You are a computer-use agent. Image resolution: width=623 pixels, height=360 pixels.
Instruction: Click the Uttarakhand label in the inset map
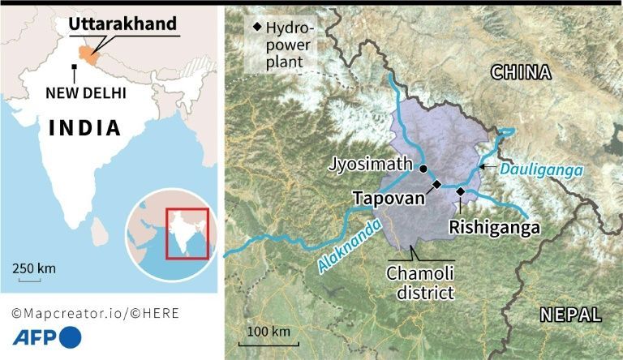[x=122, y=24]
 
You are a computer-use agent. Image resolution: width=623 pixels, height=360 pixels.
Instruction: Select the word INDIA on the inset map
[x=84, y=127]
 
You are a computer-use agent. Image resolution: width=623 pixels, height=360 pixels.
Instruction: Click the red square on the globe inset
[x=187, y=234]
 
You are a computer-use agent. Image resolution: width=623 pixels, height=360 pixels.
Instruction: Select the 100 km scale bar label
[x=269, y=331]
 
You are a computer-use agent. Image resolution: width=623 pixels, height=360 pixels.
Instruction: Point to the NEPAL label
[x=571, y=315]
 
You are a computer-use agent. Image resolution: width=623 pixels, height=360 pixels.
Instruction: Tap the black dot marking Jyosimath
[x=423, y=168]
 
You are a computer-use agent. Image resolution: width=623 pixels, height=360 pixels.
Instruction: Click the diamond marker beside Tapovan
[x=436, y=185]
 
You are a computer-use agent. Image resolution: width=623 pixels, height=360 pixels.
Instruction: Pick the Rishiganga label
[x=494, y=228]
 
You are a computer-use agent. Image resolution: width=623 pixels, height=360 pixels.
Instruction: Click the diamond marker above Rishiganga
[x=460, y=191]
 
